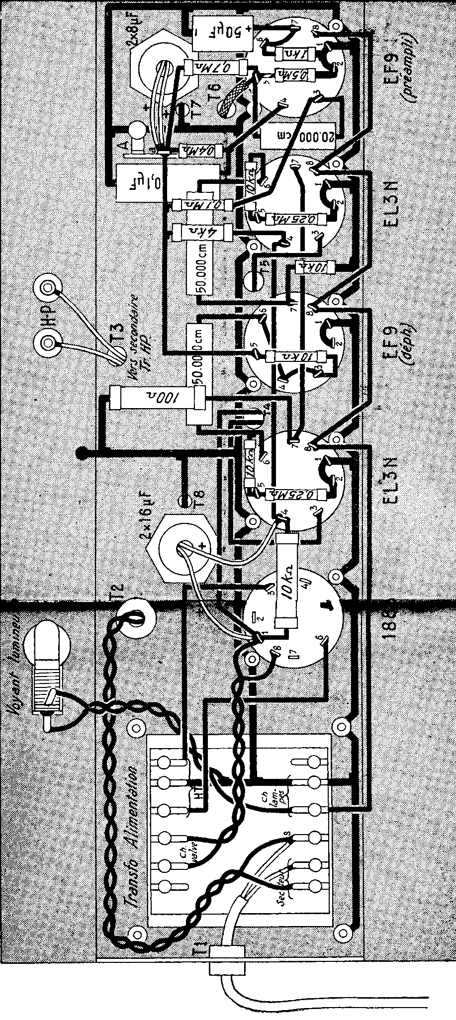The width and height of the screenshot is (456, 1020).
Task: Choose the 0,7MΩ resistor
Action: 215,68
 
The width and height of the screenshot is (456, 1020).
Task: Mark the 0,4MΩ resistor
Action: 196,148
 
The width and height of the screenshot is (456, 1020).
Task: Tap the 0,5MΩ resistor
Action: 298,75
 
